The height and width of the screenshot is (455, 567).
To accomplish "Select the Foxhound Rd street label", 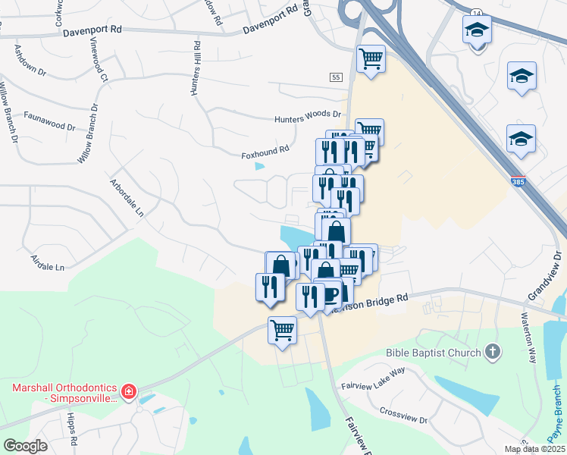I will tap(265, 151).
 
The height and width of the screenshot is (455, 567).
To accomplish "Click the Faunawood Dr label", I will tap(50, 118).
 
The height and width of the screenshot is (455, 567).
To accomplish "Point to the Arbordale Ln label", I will tap(127, 198).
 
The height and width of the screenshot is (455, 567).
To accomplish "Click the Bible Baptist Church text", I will tap(434, 352).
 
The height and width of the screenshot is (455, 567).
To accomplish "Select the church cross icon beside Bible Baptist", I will tap(493, 351).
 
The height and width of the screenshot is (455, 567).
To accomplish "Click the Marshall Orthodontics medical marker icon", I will tap(129, 392).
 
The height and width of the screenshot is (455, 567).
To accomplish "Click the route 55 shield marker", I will tap(337, 77).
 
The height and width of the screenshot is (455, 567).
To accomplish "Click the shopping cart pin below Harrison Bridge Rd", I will tap(282, 330).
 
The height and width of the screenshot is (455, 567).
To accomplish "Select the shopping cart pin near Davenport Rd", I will tap(371, 58).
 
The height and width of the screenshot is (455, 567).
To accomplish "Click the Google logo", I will tap(25, 445).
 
